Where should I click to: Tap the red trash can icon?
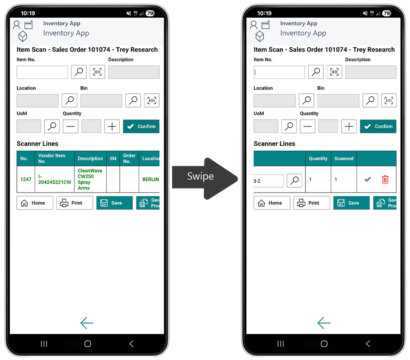pos(385,180)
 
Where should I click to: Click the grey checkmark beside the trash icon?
pos(367,179)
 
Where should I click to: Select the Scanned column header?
pos(344,158)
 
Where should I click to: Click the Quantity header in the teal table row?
pos(318,158)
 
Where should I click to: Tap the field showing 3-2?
pos(268,181)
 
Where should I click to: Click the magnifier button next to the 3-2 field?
pos(294,180)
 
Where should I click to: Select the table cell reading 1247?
pos(26,179)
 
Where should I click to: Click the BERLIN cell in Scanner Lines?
pos(150,179)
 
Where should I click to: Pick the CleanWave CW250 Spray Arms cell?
pos(90,179)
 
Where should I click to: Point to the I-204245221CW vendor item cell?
pos(55,179)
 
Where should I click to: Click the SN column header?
pos(113,158)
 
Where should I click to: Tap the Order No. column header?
pos(129,158)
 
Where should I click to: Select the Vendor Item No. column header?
pos(55,158)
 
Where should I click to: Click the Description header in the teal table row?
pos(90,158)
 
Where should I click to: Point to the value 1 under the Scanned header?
pos(336,179)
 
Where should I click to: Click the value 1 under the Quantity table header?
pos(310,179)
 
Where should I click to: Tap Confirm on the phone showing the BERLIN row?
pos(141,126)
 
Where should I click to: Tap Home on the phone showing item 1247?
pos(35,203)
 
